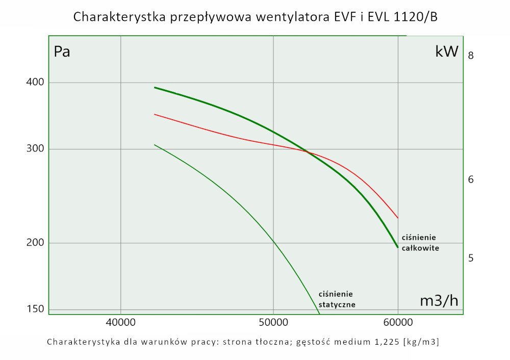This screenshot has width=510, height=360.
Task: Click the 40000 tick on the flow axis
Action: [120, 322]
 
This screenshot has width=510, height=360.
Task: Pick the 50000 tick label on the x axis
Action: [273, 322]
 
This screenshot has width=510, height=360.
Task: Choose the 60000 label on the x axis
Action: [398, 322]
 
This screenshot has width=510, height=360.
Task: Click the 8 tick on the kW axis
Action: [471, 55]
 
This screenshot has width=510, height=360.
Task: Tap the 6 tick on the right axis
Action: [471, 179]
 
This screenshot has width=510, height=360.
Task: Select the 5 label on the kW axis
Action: [471, 258]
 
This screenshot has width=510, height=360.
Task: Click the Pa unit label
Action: [62, 52]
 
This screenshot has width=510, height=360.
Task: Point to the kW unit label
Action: [447, 52]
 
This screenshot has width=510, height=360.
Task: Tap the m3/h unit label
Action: [439, 301]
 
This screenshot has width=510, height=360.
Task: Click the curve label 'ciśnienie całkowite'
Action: [420, 243]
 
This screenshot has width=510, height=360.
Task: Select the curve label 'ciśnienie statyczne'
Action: [337, 299]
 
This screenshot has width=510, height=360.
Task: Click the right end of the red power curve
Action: [398, 218]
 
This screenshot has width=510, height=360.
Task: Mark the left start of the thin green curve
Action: [155, 145]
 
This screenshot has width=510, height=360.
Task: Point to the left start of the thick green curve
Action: [155, 87]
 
